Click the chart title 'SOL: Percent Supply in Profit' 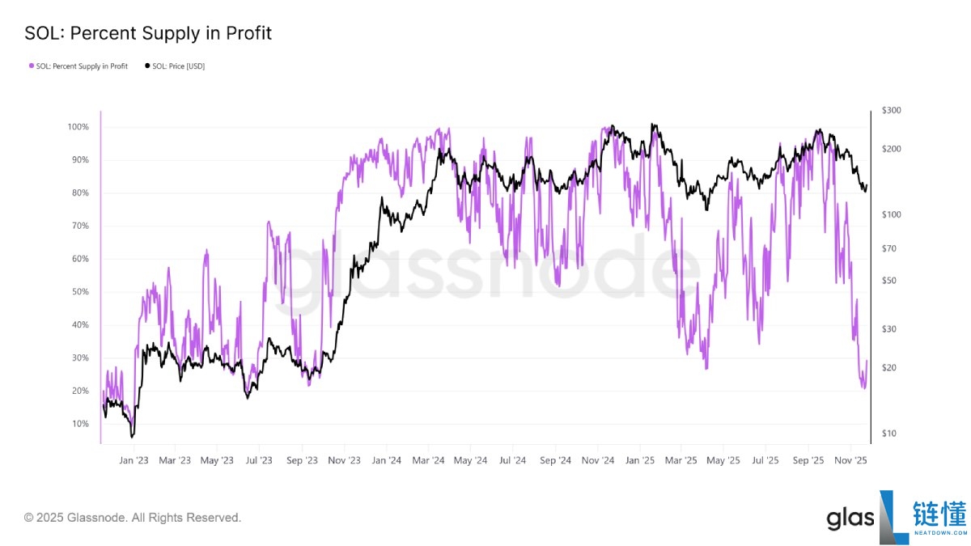coord(148,33)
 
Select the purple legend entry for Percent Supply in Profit coord(78,66)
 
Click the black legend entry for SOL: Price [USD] coord(174,66)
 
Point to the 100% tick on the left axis coord(78,128)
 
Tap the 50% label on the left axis coord(80,292)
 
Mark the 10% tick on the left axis coord(80,424)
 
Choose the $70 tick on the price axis coord(889,248)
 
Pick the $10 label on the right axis coord(889,434)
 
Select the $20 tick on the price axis coord(889,368)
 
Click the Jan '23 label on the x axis coord(133,460)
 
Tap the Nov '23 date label coord(344,460)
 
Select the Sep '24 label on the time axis coord(555,460)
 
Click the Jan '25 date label coord(639,460)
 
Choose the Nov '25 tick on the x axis coord(850,460)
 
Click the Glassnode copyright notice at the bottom coord(133,517)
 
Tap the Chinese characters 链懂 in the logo coord(939,515)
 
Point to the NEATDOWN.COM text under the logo coord(939,534)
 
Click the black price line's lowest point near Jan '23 coord(132,437)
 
